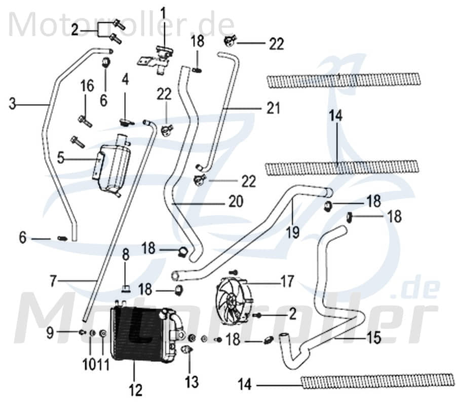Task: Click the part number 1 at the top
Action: tap(163, 11)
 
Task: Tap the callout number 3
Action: tap(13, 104)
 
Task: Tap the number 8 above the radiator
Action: tap(125, 254)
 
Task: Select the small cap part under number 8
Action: tap(125, 290)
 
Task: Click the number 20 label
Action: tap(235, 202)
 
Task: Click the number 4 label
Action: tap(125, 79)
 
